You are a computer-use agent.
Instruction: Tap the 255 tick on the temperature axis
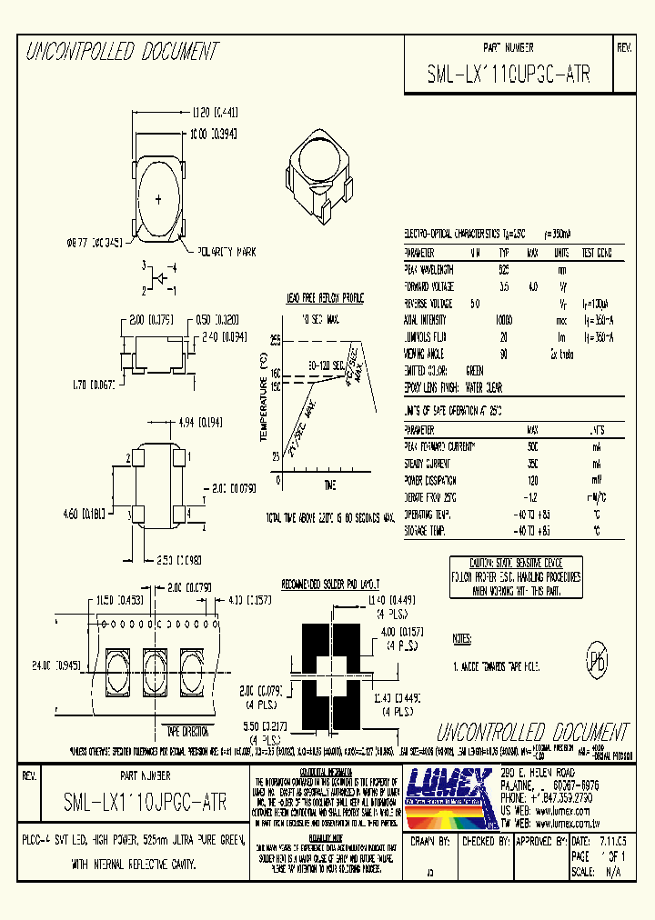[x=274, y=339]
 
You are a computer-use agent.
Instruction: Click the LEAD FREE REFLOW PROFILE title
[x=325, y=298]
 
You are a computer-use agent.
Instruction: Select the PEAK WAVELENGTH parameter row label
[x=428, y=270]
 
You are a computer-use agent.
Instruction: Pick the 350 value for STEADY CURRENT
[x=531, y=464]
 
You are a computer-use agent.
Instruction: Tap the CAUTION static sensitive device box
[x=516, y=576]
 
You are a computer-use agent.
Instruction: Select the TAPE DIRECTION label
[x=186, y=730]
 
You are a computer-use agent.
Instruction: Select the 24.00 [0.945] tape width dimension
[x=53, y=665]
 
